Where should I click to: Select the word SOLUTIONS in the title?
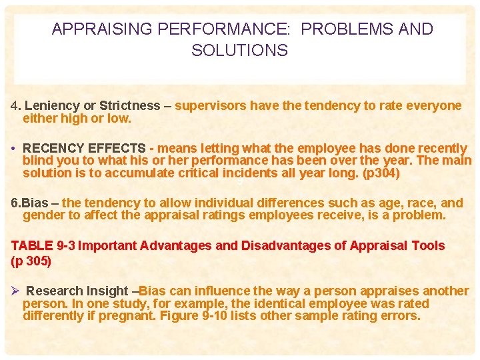coord(240,51)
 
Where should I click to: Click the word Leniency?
coord(51,105)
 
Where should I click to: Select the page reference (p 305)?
coord(31,261)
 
